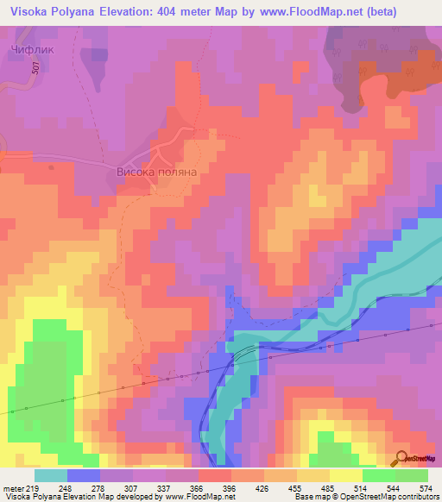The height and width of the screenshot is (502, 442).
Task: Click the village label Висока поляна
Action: [157, 173]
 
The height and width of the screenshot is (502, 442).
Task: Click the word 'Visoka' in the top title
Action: [31, 11]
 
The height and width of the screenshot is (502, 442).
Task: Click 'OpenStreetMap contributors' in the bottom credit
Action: [384, 497]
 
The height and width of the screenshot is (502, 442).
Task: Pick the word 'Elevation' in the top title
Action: [139, 11]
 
